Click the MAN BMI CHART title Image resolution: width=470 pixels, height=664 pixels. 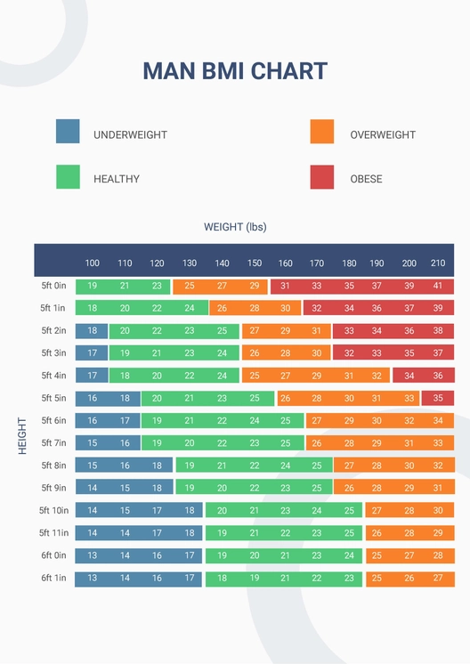coord(235,71)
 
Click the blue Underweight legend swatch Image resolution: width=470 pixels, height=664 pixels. coord(68,132)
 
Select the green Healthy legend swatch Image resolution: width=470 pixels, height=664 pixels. coord(68,176)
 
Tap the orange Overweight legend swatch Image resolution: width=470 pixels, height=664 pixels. coord(322,132)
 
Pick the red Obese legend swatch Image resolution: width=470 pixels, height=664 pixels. coord(322,176)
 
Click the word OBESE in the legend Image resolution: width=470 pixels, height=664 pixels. coord(366,179)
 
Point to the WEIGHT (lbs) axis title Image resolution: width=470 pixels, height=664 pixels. coord(235,227)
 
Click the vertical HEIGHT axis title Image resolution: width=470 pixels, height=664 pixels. coord(22,435)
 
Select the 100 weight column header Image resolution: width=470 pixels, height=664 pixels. coord(93,263)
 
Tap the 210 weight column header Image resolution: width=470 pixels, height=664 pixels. coord(438,263)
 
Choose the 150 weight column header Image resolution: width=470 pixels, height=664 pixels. coord(255,263)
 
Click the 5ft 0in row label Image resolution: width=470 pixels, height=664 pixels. coord(53,286)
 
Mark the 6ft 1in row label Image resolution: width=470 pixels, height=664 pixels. coord(53,578)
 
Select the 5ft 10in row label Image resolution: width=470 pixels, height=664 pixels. coord(53,510)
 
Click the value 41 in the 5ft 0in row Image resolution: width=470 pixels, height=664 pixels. coord(438,286)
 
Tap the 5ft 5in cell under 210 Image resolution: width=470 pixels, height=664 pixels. coord(438,398)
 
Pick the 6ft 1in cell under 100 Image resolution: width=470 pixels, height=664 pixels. coord(93,579)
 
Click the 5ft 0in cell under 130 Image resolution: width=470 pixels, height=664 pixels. coord(190,286)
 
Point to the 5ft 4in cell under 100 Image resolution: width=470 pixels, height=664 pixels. coord(93,376)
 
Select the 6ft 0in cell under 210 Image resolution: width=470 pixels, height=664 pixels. coord(438,555)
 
